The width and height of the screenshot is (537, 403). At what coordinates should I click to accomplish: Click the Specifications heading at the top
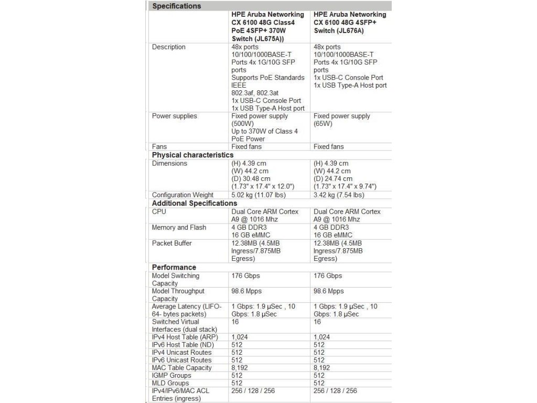176,6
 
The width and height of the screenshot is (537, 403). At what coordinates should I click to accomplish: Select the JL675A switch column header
267,26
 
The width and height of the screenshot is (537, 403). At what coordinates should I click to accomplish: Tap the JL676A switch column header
350,23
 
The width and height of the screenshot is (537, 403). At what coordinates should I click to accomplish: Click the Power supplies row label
175,116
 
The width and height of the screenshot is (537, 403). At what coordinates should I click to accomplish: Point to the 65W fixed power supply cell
341,120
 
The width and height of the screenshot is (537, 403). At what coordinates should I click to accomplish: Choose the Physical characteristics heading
192,155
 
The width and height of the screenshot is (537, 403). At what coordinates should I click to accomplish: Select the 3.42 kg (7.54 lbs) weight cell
338,195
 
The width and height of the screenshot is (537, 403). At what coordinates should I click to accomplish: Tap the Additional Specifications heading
195,203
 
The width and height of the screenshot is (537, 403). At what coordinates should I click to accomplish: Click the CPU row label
159,211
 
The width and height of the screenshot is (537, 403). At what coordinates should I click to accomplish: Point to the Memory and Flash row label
179,228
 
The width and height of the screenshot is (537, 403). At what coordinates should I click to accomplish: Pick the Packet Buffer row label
171,243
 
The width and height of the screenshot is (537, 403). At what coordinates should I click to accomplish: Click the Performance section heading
174,267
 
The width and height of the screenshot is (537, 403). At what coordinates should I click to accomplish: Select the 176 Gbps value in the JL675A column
245,275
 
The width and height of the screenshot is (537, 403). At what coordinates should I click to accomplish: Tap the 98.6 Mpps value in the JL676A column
329,291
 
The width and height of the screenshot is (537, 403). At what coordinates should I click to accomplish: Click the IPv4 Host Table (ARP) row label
185,337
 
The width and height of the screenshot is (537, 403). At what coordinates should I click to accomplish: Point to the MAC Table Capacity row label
181,368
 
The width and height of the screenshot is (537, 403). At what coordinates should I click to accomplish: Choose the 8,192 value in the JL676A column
323,368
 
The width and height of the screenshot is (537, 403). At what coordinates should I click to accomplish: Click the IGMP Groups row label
171,375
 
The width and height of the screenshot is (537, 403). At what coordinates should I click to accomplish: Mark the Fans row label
159,147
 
